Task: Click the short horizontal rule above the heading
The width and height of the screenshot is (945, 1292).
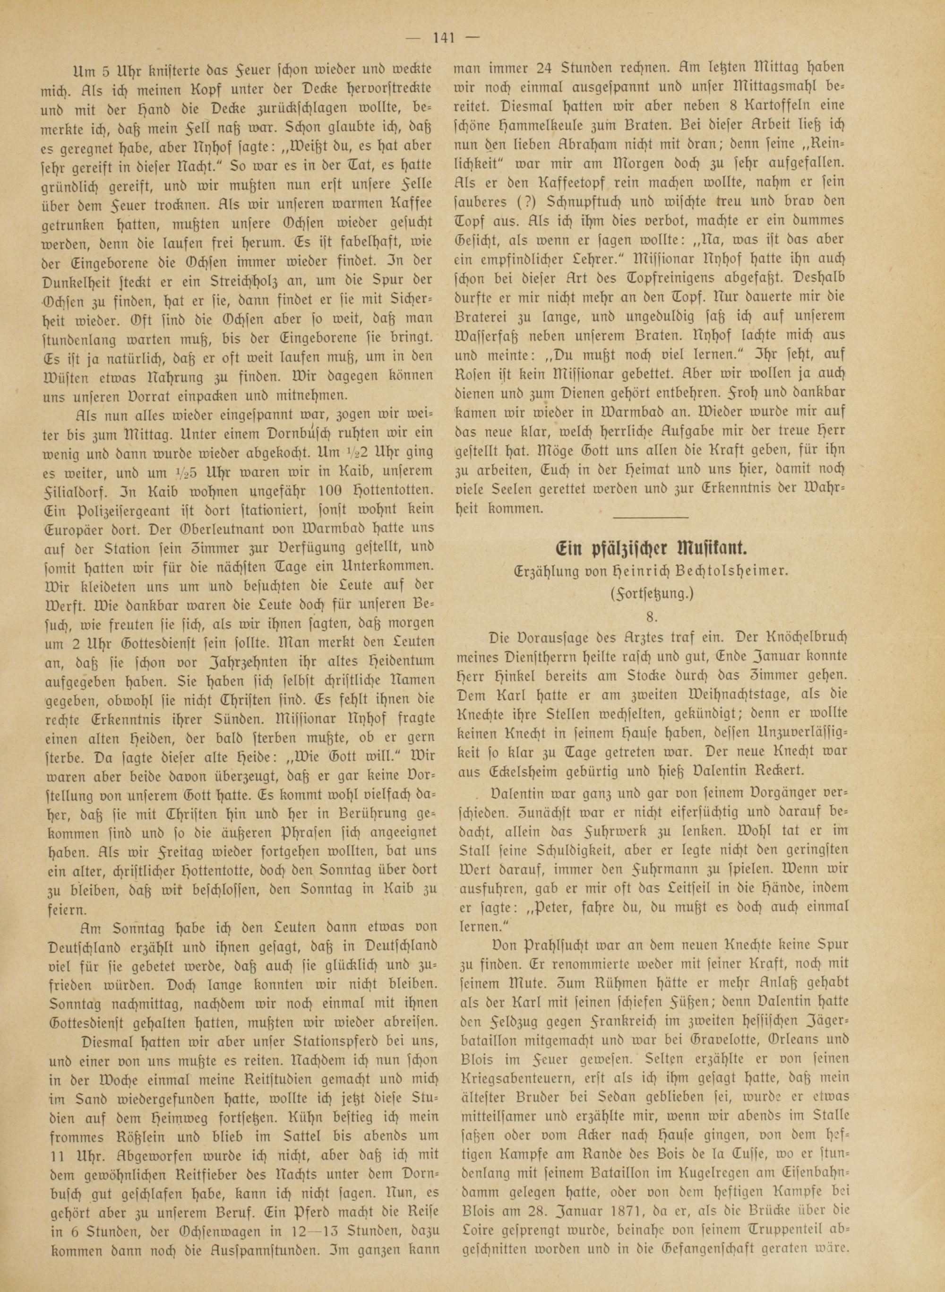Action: click(x=650, y=517)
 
